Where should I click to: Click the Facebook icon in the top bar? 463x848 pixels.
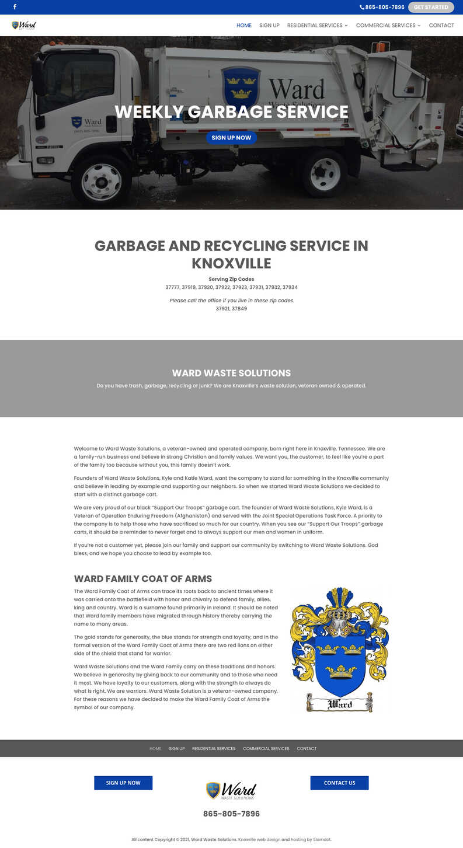click(15, 7)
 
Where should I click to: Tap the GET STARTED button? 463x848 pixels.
click(431, 7)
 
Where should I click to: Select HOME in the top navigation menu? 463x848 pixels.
click(244, 26)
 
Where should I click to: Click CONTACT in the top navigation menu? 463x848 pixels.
click(441, 26)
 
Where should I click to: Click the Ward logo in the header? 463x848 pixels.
click(24, 25)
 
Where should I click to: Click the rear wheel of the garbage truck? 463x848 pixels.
click(325, 174)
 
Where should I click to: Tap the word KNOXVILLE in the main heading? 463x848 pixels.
click(231, 263)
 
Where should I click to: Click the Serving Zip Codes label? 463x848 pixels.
click(231, 279)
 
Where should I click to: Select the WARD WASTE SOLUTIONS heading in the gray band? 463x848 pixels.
click(231, 373)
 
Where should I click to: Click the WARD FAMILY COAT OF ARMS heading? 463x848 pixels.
click(143, 579)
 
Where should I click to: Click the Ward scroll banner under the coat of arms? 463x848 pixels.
click(340, 703)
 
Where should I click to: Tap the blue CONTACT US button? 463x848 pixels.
click(339, 783)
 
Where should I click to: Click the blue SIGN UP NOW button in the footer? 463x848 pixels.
click(123, 783)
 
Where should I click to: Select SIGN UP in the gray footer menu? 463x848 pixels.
click(177, 748)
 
